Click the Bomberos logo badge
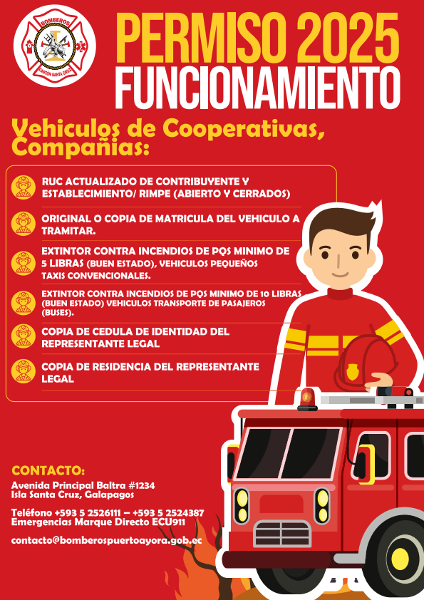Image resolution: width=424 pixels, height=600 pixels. pyautogui.click(x=55, y=46)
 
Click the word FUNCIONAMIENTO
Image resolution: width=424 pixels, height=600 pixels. pyautogui.click(x=257, y=88)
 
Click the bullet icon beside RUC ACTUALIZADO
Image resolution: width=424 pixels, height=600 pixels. pyautogui.click(x=24, y=187)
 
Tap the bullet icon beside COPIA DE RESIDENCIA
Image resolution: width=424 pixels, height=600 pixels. pyautogui.click(x=24, y=371)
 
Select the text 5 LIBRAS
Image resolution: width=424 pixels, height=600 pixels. pyautogui.click(x=63, y=264)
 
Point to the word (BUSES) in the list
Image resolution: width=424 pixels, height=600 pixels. pyautogui.click(x=58, y=312)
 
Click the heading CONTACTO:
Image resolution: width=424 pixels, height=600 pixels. pyautogui.click(x=48, y=470)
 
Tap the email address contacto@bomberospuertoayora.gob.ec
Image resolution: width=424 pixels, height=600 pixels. pyautogui.click(x=106, y=540)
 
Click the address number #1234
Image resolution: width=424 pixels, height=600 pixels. pyautogui.click(x=141, y=485)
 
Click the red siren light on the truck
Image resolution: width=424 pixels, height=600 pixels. pyautogui.click(x=307, y=399)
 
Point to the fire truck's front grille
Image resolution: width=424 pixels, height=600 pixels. pyautogui.click(x=282, y=534)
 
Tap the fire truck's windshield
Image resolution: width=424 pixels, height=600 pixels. pyautogui.click(x=289, y=453)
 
